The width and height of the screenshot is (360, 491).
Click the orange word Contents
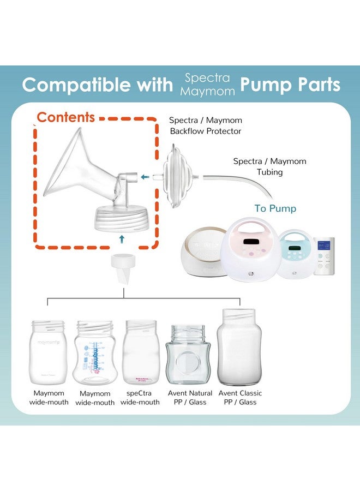click(x=65, y=117)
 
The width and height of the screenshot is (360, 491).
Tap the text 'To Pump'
click(x=275, y=208)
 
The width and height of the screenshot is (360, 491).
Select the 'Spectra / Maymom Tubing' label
click(x=269, y=166)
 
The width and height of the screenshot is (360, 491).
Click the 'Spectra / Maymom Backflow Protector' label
click(x=205, y=125)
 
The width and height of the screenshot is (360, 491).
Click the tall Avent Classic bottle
click(x=239, y=346)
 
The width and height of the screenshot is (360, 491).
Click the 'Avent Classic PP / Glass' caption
click(x=240, y=398)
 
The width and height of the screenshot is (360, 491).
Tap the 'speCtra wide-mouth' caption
click(x=140, y=398)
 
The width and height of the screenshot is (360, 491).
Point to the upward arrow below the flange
click(x=122, y=238)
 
